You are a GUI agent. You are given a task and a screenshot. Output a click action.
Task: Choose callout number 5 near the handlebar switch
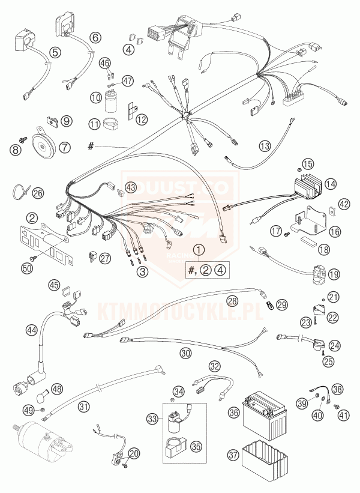pyautogui.click(x=55, y=53)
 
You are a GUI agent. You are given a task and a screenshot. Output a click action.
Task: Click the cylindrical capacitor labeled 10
pyautogui.click(x=110, y=103)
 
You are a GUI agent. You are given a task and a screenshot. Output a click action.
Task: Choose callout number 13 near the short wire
pyautogui.click(x=265, y=145)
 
